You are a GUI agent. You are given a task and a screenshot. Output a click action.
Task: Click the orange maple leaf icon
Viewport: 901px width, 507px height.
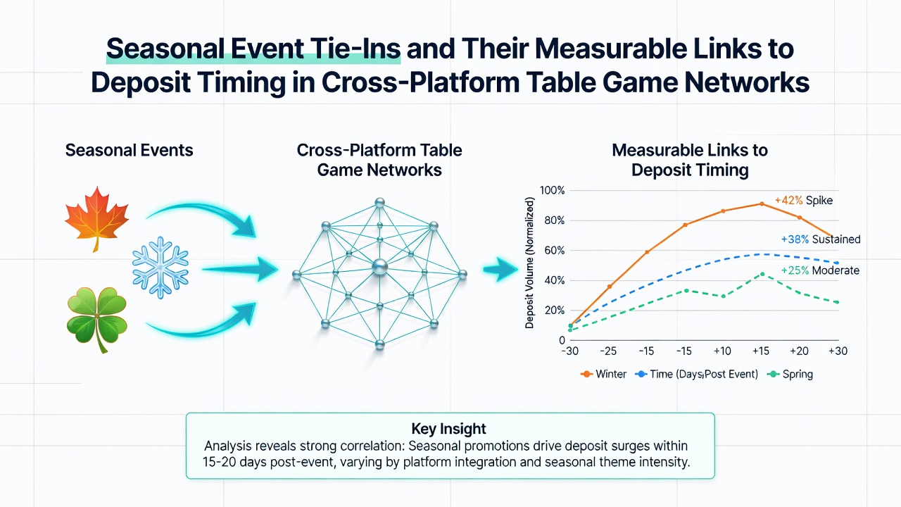pyautogui.click(x=97, y=218)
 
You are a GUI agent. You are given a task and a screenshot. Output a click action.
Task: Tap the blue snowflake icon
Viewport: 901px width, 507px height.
pyautogui.click(x=160, y=267)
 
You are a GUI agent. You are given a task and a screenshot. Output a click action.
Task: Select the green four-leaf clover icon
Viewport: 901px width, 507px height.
pyautogui.click(x=97, y=318)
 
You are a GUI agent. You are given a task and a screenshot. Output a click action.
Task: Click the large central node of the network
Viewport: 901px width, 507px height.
pyautogui.click(x=379, y=267)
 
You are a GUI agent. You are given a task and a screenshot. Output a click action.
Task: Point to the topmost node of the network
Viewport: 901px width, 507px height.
pyautogui.click(x=379, y=202)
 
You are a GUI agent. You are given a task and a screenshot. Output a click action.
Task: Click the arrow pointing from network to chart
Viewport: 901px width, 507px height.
pyautogui.click(x=500, y=270)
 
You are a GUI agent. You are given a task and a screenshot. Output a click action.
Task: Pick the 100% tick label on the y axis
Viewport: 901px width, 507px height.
pyautogui.click(x=552, y=190)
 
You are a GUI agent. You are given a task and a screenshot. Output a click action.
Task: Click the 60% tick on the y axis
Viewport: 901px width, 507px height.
pyautogui.click(x=555, y=250)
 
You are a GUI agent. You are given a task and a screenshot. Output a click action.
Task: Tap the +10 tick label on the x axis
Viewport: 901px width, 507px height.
pyautogui.click(x=722, y=351)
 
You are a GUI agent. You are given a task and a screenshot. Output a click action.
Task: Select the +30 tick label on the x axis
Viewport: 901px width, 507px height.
pyautogui.click(x=838, y=351)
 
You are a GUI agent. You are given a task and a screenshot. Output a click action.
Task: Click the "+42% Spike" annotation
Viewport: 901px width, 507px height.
pyautogui.click(x=804, y=201)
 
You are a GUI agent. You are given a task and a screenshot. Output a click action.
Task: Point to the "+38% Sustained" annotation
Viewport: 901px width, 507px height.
pyautogui.click(x=821, y=239)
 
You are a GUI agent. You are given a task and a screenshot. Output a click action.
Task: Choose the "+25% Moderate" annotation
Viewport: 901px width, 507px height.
pyautogui.click(x=820, y=270)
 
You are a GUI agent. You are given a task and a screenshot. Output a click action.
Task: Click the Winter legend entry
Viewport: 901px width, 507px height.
pyautogui.click(x=603, y=374)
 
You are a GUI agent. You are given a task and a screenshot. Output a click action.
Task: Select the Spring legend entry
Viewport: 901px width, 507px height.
pyautogui.click(x=790, y=374)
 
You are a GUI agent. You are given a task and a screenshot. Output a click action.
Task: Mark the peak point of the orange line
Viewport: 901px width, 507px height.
pyautogui.click(x=762, y=204)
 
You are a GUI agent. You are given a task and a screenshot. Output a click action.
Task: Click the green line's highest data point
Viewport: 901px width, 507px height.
pyautogui.click(x=762, y=275)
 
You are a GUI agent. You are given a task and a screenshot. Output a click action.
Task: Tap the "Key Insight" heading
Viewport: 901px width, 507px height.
pyautogui.click(x=449, y=429)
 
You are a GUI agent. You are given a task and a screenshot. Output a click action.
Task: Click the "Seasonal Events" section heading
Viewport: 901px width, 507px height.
pyautogui.click(x=129, y=150)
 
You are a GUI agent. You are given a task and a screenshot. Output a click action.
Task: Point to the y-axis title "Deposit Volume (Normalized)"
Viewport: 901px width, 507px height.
pyautogui.click(x=530, y=263)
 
